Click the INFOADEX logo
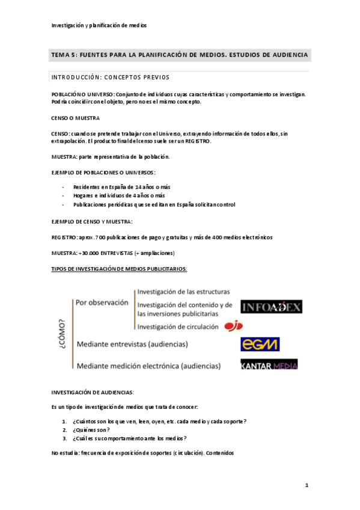pos(271,307)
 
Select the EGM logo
pos(260,344)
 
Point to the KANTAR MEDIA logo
pos(269,364)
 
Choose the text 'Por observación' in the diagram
pos(102,303)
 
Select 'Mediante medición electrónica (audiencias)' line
pos(148,365)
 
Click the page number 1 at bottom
pos(306,485)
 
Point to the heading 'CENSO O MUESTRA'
pos(76,118)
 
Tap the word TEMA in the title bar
pos(61,55)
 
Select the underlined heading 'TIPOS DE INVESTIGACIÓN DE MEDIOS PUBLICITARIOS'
pos(120,268)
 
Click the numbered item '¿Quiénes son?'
pos(91,430)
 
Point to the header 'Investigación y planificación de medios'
pos(99,25)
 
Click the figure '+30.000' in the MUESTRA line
pos(88,253)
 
